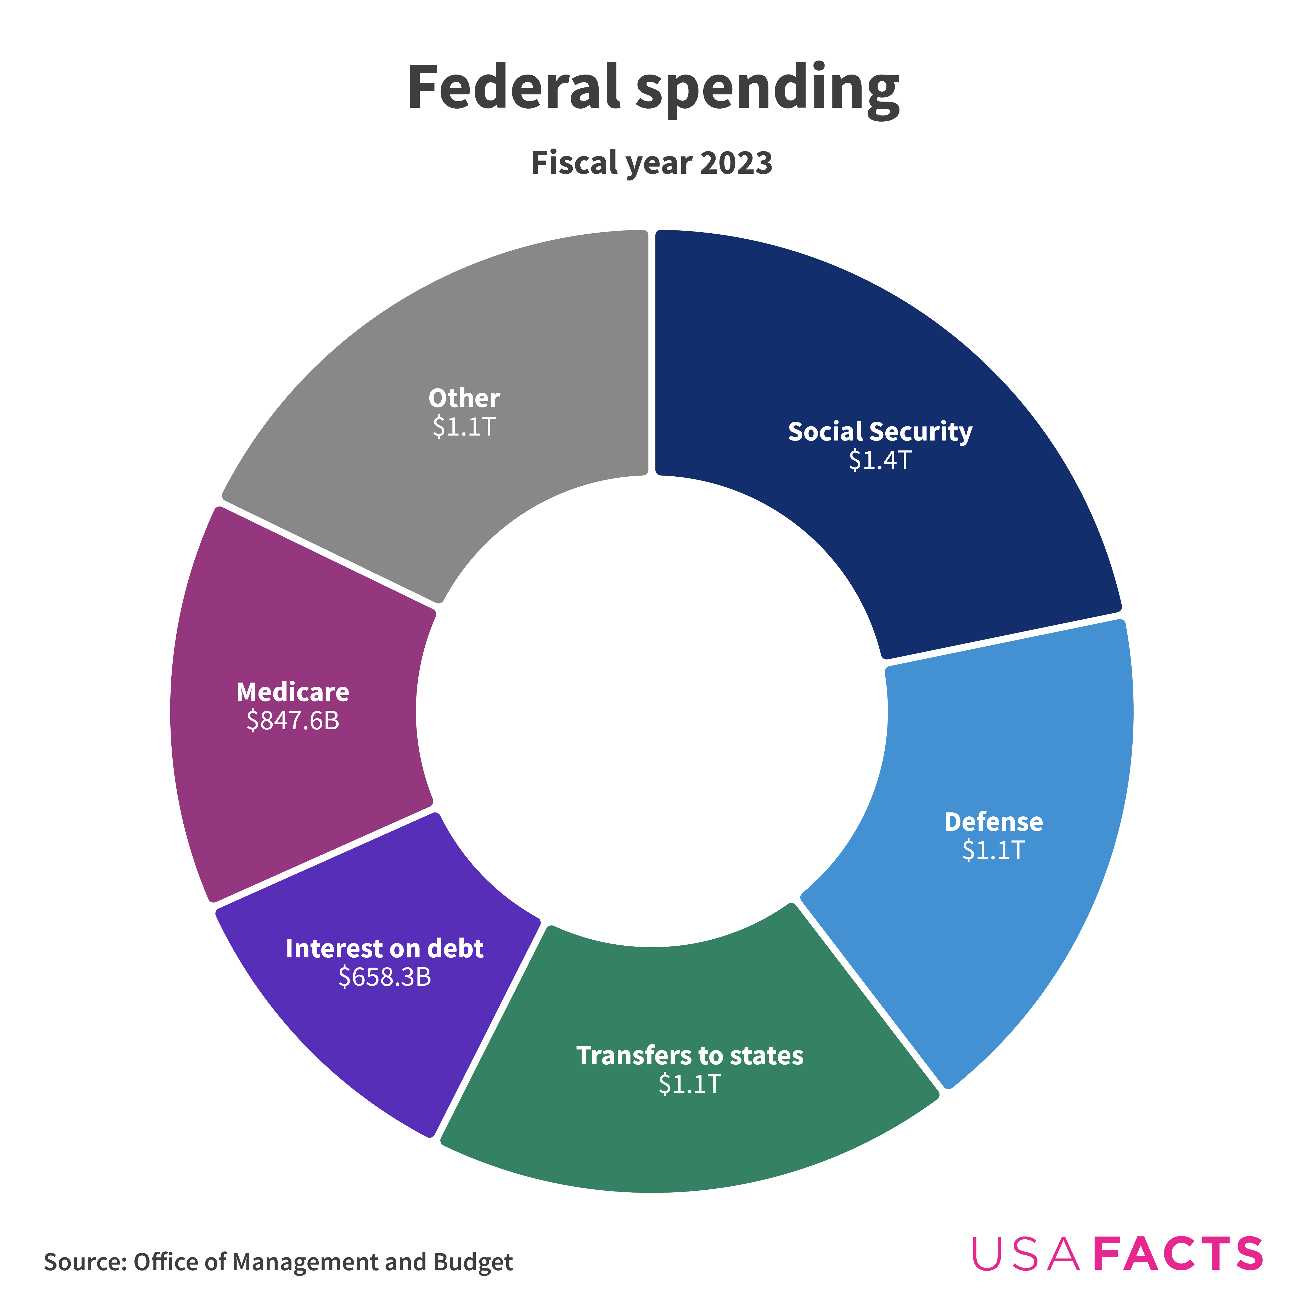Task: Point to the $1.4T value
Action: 880,460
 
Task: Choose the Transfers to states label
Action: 690,1055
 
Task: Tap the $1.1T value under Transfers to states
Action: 690,1084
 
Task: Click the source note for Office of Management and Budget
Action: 278,1261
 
